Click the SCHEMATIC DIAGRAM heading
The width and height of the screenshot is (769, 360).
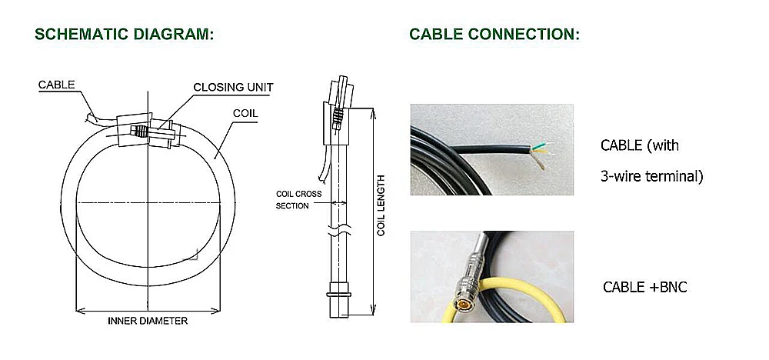[125, 35]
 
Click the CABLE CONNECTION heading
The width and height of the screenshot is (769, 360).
[494, 35]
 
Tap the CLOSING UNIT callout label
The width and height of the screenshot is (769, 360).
[233, 87]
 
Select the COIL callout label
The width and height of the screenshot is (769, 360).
[245, 113]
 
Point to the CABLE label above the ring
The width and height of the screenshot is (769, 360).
[56, 85]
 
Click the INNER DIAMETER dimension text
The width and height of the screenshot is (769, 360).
[148, 322]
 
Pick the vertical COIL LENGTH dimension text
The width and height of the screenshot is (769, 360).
[381, 205]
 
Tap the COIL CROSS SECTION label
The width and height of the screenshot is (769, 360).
[298, 200]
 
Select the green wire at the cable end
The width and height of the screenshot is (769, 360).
[542, 146]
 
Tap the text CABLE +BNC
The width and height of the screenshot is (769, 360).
[645, 288]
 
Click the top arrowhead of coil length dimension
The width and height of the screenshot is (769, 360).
[373, 113]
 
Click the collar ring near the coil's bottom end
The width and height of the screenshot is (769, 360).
[338, 295]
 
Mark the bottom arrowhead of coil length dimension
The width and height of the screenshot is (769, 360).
[373, 310]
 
